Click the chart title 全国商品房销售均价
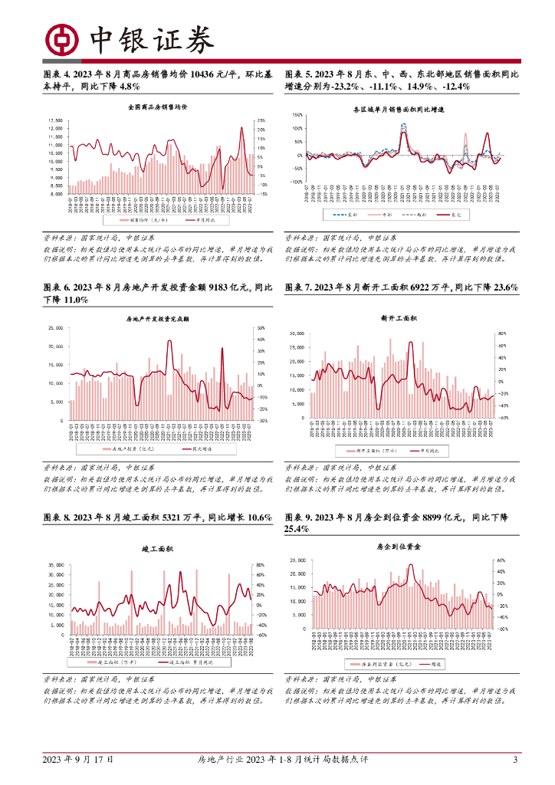[x=159, y=108]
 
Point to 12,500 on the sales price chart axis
[x=55, y=120]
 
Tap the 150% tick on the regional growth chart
[x=297, y=114]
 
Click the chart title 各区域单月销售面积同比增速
[x=399, y=110]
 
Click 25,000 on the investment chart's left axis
[x=55, y=327]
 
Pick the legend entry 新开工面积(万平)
[x=371, y=449]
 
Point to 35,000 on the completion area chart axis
[x=55, y=565]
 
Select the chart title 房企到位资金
[x=394, y=547]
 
